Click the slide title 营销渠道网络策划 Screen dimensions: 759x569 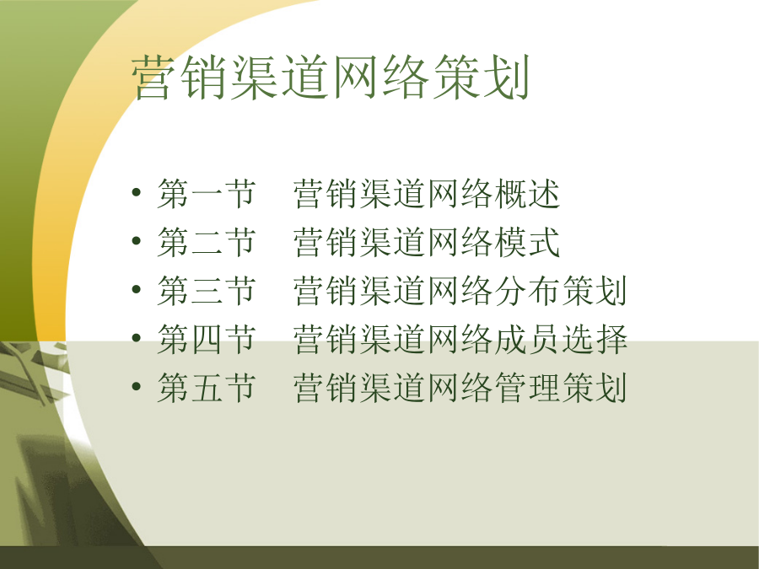click(331, 78)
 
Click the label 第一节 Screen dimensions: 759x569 click(207, 194)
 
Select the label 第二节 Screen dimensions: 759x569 click(207, 242)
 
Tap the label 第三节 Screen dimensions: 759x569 click(207, 290)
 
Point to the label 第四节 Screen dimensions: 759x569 click(207, 339)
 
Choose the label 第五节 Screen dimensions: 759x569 click(207, 387)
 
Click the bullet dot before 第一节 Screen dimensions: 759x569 click(136, 192)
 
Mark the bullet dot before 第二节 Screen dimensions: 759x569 click(136, 241)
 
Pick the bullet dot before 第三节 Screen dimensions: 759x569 click(136, 289)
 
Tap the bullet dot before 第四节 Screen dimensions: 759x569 click(136, 338)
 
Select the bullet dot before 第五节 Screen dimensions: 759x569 click(136, 386)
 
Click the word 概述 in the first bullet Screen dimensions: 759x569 click(527, 194)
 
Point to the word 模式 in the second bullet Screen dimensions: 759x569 click(527, 242)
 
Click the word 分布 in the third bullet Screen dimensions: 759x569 click(527, 290)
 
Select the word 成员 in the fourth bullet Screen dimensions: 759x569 click(527, 339)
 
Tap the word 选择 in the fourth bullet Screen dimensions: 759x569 click(595, 339)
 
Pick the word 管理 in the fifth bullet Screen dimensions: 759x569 click(527, 387)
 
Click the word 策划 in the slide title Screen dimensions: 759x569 click(481, 78)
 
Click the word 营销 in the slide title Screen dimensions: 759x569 click(180, 78)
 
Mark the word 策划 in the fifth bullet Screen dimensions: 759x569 click(595, 387)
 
